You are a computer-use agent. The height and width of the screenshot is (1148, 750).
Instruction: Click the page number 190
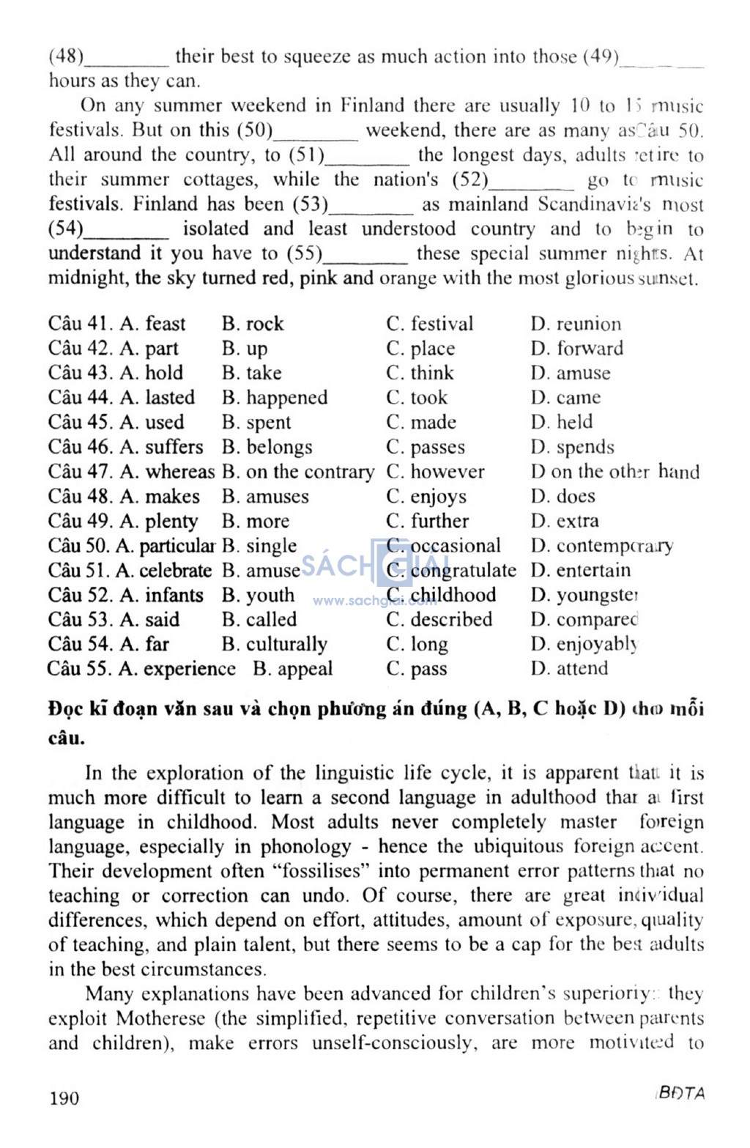(64, 1097)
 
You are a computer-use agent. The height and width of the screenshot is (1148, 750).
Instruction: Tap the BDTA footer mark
(680, 1094)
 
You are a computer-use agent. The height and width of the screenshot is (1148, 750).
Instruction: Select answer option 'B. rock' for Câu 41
(253, 324)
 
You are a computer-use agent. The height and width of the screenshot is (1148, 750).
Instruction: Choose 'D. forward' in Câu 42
(577, 349)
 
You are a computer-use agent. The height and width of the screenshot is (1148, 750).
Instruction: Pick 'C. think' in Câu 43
(420, 373)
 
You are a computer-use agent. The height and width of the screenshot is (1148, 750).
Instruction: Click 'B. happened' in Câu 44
(275, 398)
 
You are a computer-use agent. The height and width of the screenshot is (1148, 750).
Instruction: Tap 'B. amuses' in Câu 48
(265, 497)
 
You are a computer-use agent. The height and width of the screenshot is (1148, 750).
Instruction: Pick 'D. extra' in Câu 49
(565, 521)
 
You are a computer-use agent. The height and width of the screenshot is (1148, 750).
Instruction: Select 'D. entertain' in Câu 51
(581, 570)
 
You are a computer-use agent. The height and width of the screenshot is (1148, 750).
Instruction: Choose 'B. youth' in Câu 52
(258, 595)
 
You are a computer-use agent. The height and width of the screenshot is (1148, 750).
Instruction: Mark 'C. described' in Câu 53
(439, 620)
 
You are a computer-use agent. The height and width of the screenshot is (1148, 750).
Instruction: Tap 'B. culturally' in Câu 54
(275, 645)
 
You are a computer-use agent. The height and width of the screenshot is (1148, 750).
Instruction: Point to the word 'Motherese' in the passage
(158, 1018)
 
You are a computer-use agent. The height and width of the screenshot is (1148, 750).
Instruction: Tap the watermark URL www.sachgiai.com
(374, 601)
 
